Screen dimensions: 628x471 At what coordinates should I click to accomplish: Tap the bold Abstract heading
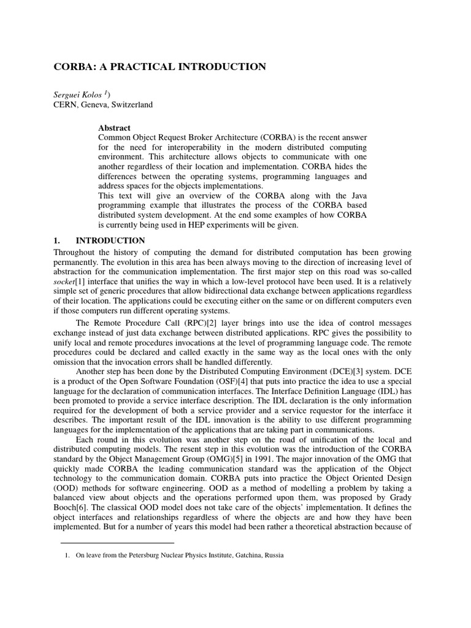click(x=114, y=128)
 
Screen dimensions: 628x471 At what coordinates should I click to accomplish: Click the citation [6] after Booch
click(x=82, y=499)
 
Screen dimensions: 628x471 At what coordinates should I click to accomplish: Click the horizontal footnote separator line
click(x=117, y=543)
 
